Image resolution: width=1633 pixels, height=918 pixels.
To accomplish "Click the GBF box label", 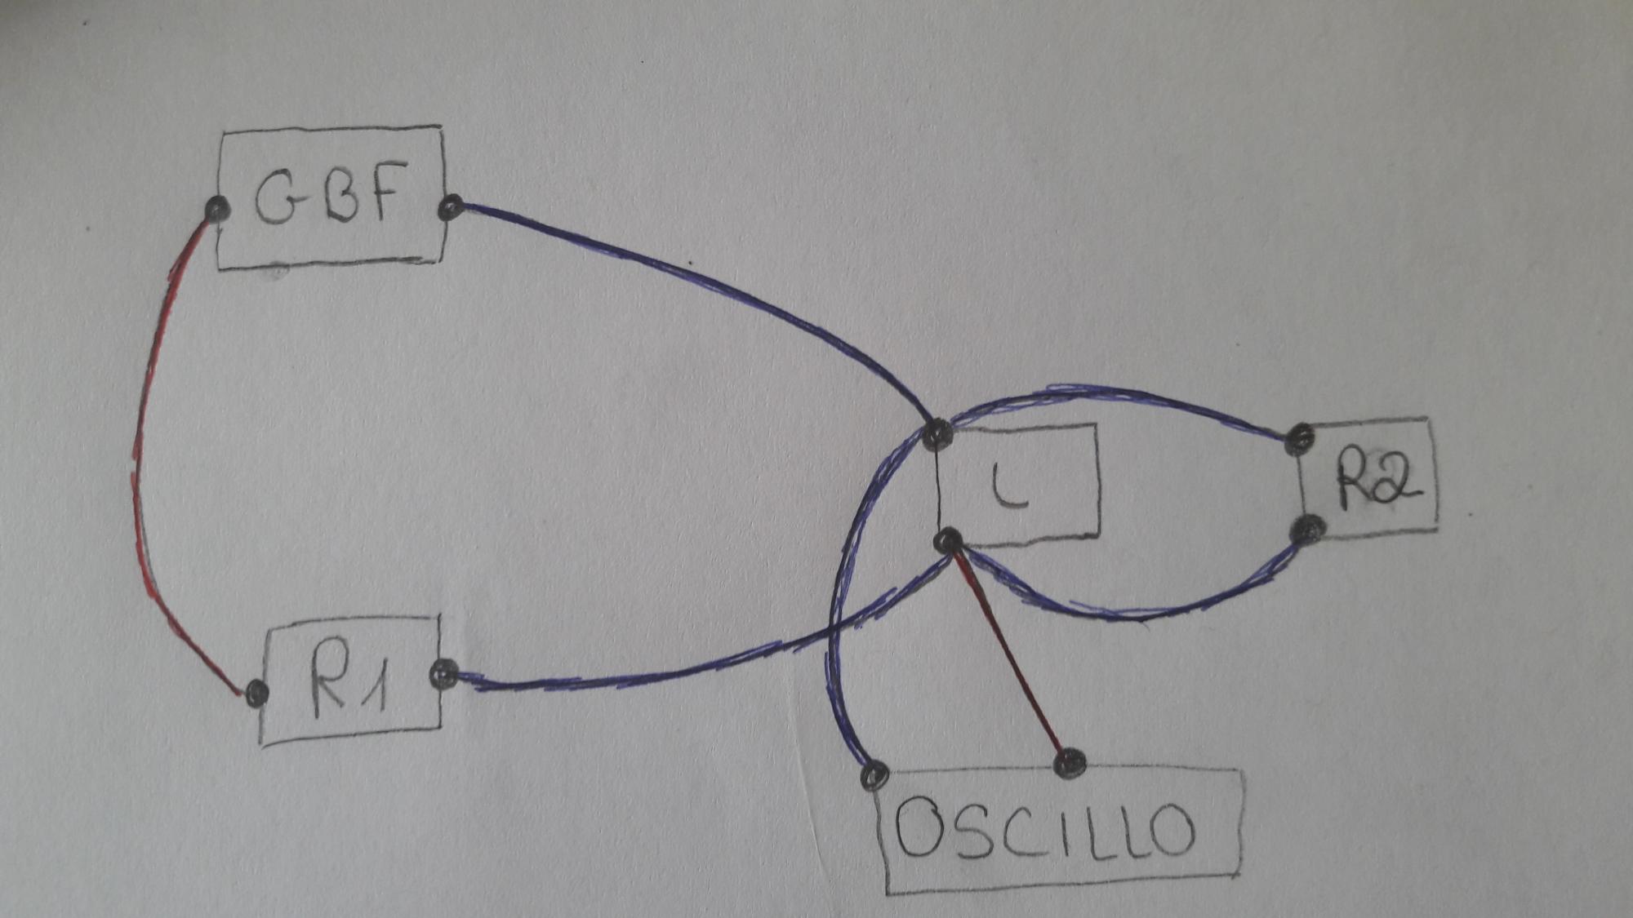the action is point(331,196).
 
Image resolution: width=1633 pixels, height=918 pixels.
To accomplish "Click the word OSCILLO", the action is point(1045,828).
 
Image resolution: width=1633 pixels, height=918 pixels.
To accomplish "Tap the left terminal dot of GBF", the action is point(216,210).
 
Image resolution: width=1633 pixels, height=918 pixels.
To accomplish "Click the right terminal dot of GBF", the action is point(451,207).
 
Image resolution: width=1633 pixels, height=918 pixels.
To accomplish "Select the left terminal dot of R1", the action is point(256,693).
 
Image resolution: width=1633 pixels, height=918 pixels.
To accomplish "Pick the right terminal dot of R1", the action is point(443,673).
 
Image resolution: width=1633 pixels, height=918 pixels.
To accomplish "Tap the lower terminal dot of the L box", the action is point(947,540).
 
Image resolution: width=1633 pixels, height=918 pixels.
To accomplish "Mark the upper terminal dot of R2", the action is point(1299,439).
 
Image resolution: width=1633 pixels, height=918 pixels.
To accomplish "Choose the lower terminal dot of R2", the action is point(1309,530).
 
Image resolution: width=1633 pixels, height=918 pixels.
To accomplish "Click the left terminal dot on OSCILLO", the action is point(874,774).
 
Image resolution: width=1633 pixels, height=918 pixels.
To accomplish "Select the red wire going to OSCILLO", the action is point(1008,653).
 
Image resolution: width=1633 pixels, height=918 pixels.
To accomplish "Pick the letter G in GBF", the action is point(275,198).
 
